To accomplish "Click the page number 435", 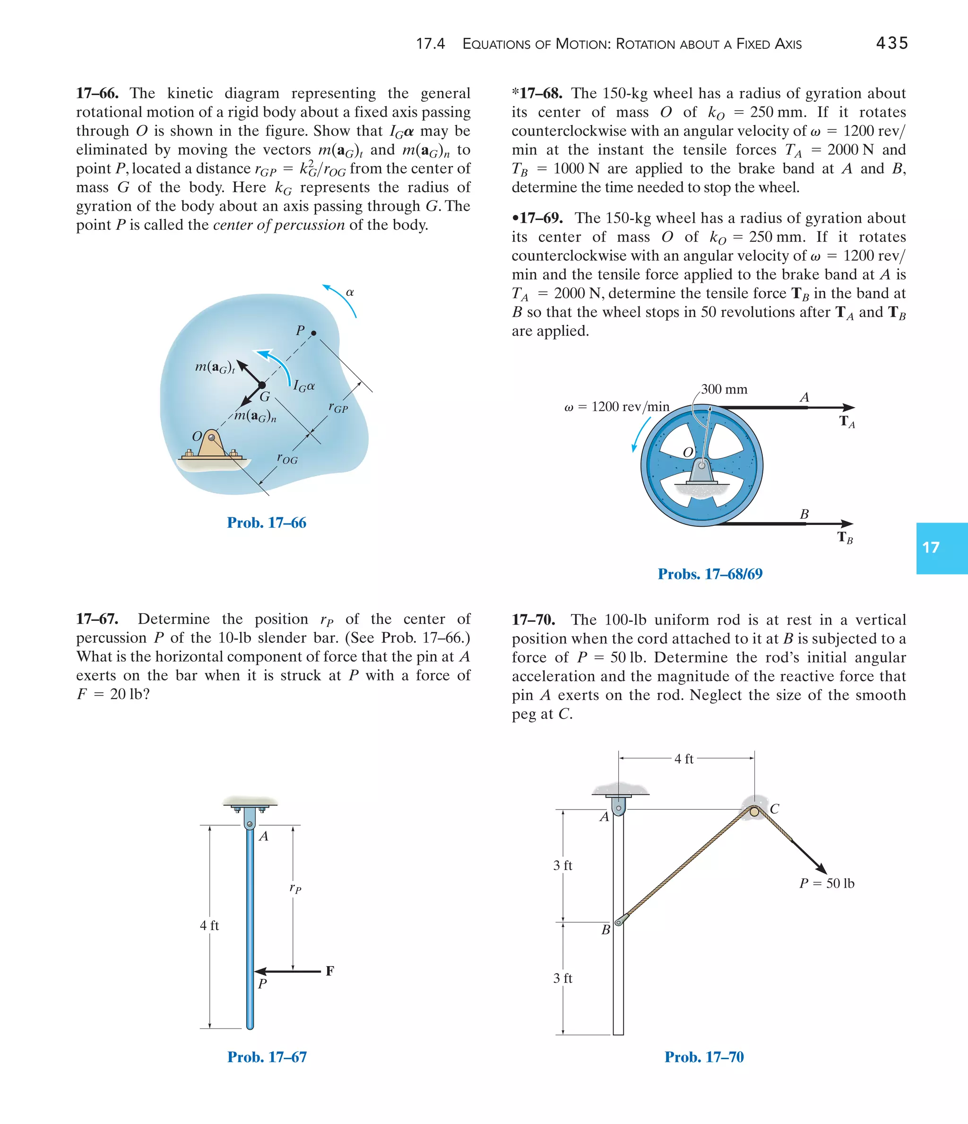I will [x=891, y=44].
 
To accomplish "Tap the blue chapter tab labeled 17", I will [x=941, y=548].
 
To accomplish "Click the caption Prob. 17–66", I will [x=266, y=523].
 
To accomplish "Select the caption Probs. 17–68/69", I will [x=709, y=574].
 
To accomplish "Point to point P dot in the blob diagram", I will [x=313, y=332].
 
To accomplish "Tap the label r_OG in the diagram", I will [x=287, y=459].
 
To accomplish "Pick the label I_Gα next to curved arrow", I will [x=304, y=386].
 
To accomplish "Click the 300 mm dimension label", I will [x=724, y=389].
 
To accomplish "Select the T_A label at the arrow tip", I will [x=847, y=421].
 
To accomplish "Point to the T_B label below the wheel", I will [x=845, y=538].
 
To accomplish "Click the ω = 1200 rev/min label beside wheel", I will [x=617, y=407].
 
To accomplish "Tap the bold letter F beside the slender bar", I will [x=330, y=970].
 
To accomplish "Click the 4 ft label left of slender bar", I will [x=209, y=925].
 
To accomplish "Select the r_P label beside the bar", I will [x=295, y=888].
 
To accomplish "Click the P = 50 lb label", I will [x=827, y=883].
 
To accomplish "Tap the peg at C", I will [x=754, y=811].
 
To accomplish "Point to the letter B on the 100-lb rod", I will [x=606, y=930].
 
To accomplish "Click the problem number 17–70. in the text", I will [x=533, y=619].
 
